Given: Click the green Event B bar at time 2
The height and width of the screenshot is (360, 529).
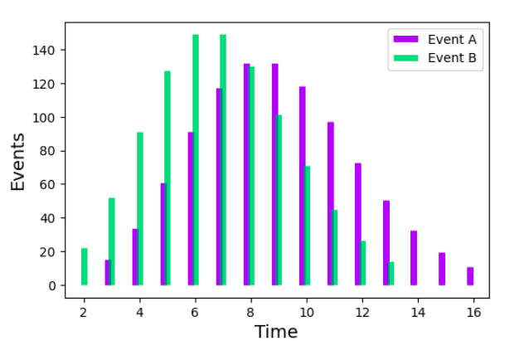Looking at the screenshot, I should (84, 266).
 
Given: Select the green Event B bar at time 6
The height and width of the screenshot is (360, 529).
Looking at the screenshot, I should (196, 160).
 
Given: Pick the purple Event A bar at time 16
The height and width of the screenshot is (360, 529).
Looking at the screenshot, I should (470, 276).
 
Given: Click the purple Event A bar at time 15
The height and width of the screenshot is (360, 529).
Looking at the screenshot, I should (442, 269).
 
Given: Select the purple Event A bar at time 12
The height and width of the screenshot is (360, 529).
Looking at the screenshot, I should (357, 224).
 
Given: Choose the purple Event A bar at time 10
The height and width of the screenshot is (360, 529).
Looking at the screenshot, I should (302, 186).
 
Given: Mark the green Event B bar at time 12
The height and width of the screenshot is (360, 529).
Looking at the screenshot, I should (363, 263).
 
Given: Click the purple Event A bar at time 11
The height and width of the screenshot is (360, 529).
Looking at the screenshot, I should (330, 203).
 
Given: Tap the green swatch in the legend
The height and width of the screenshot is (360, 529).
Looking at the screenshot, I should (405, 58).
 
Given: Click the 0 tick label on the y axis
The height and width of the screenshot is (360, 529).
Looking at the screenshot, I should (51, 285).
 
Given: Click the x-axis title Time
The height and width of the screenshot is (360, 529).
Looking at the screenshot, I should (275, 332).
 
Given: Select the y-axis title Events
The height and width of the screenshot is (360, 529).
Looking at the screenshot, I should (18, 162).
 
